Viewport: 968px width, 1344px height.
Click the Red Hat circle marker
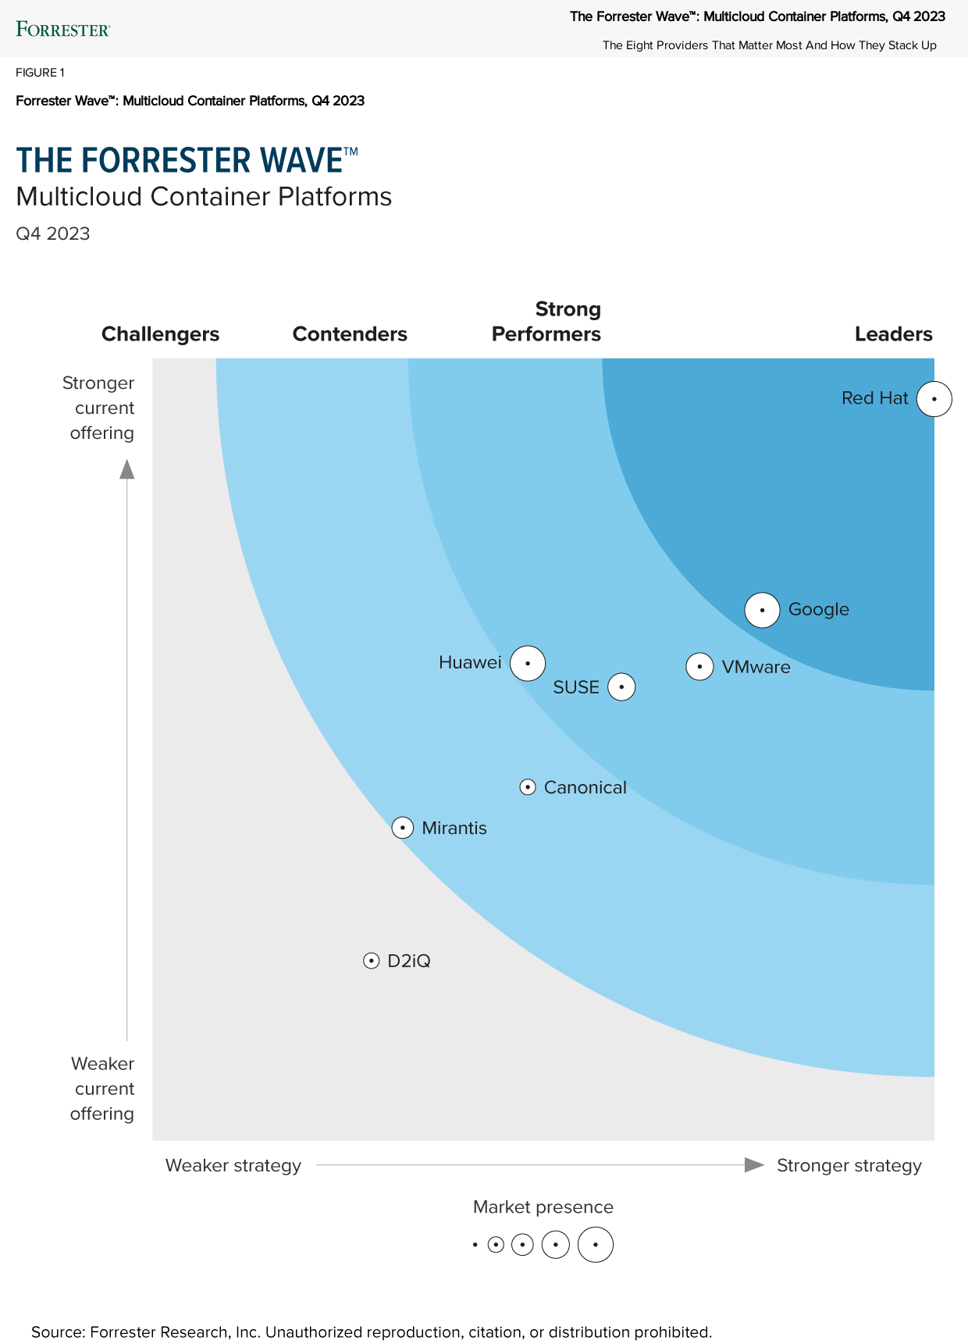point(934,399)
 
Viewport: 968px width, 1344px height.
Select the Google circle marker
point(762,610)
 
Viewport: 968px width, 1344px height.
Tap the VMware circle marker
point(699,667)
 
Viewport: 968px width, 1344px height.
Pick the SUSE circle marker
point(621,687)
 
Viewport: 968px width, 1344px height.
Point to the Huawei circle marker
point(528,664)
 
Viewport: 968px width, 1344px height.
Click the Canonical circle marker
point(528,787)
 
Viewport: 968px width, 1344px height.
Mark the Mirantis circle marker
point(402,828)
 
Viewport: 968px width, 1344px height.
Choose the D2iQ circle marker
point(372,961)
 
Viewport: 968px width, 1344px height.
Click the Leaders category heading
point(893,334)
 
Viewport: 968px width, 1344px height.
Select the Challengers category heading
point(160,334)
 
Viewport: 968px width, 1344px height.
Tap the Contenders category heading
point(350,334)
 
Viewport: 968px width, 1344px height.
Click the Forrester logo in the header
point(63,30)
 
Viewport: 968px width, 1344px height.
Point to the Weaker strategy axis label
point(233,1165)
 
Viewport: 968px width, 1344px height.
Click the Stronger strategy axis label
point(849,1165)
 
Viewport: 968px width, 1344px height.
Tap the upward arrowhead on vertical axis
point(127,469)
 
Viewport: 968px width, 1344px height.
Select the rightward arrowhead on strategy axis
point(754,1165)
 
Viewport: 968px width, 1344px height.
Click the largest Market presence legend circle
point(596,1245)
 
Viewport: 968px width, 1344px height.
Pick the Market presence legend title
point(543,1207)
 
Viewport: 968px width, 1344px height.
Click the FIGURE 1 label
point(40,73)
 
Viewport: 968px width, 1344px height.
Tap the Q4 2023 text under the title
point(53,234)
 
